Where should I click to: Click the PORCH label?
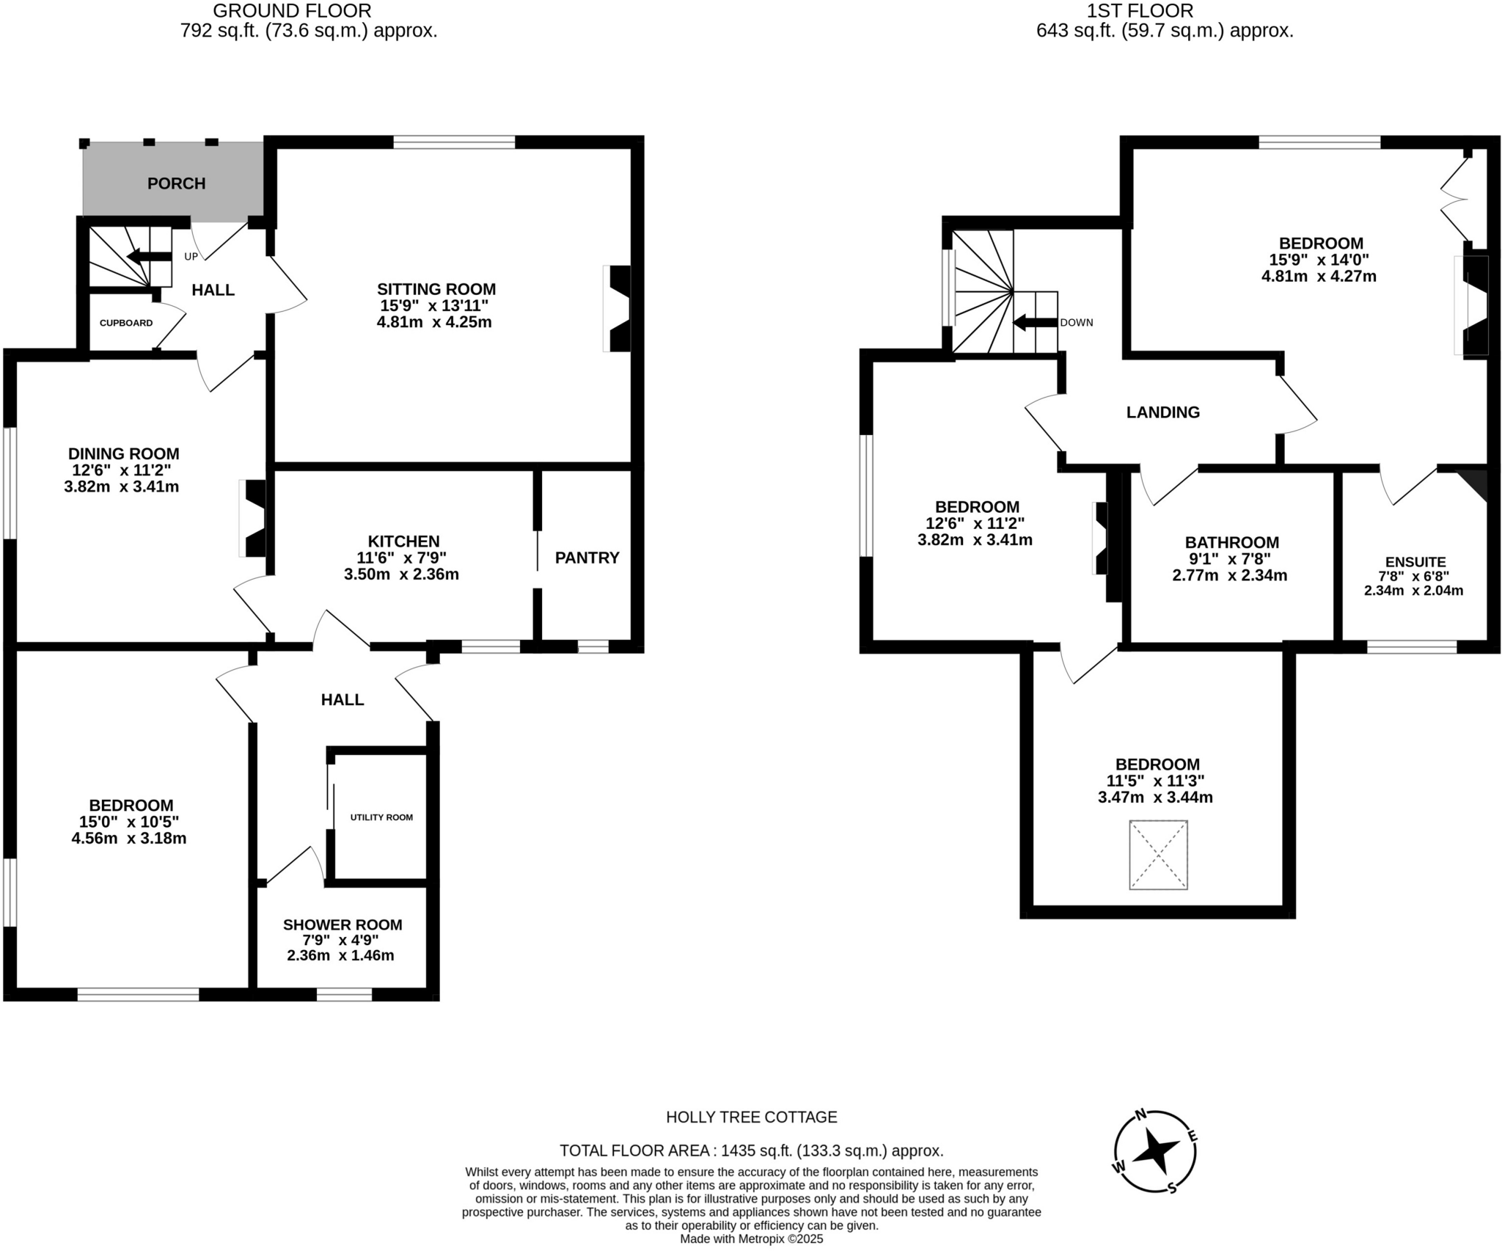(x=176, y=183)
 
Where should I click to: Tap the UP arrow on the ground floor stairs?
(x=144, y=256)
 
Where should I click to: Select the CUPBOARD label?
(x=126, y=323)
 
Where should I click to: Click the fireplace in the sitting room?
(x=618, y=308)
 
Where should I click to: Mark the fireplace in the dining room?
(x=254, y=518)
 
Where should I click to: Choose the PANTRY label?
(x=587, y=558)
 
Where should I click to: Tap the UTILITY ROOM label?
(x=381, y=817)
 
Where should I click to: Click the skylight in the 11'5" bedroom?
(x=1158, y=855)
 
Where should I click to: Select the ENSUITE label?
(x=1415, y=562)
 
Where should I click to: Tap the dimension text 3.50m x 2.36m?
(x=401, y=575)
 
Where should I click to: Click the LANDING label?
(x=1162, y=412)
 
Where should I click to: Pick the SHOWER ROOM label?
(x=342, y=925)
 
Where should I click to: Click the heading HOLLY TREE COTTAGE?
(x=751, y=1117)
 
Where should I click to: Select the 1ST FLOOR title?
(x=1164, y=11)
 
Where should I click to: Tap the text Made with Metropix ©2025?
(x=751, y=1239)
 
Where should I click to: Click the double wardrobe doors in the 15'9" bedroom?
(x=1454, y=198)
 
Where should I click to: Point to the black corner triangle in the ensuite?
(x=1476, y=482)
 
